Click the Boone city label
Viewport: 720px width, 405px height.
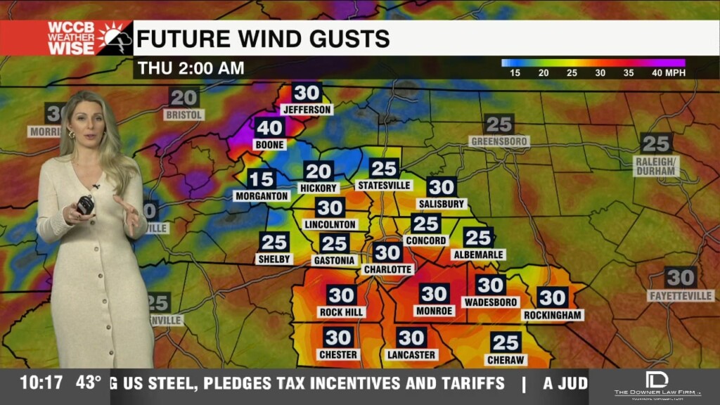(270, 145)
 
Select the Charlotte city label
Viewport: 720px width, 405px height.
(387, 269)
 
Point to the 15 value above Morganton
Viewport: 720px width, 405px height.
(261, 179)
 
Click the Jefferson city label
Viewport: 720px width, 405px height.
(306, 110)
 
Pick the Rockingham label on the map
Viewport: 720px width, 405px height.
(553, 315)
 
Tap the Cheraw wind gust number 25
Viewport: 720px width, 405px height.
(506, 342)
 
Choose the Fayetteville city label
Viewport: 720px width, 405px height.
(681, 296)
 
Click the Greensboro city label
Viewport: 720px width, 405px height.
(499, 141)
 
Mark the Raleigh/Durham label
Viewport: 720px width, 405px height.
(656, 166)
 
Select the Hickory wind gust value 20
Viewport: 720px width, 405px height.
(319, 171)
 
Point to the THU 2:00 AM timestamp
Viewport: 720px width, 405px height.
(191, 68)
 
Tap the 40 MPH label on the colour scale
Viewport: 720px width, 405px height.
(668, 73)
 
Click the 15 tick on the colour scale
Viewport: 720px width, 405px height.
(515, 73)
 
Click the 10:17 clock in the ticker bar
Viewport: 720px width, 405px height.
(41, 383)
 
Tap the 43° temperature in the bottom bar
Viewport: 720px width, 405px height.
(89, 383)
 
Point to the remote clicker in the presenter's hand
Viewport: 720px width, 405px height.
(86, 205)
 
